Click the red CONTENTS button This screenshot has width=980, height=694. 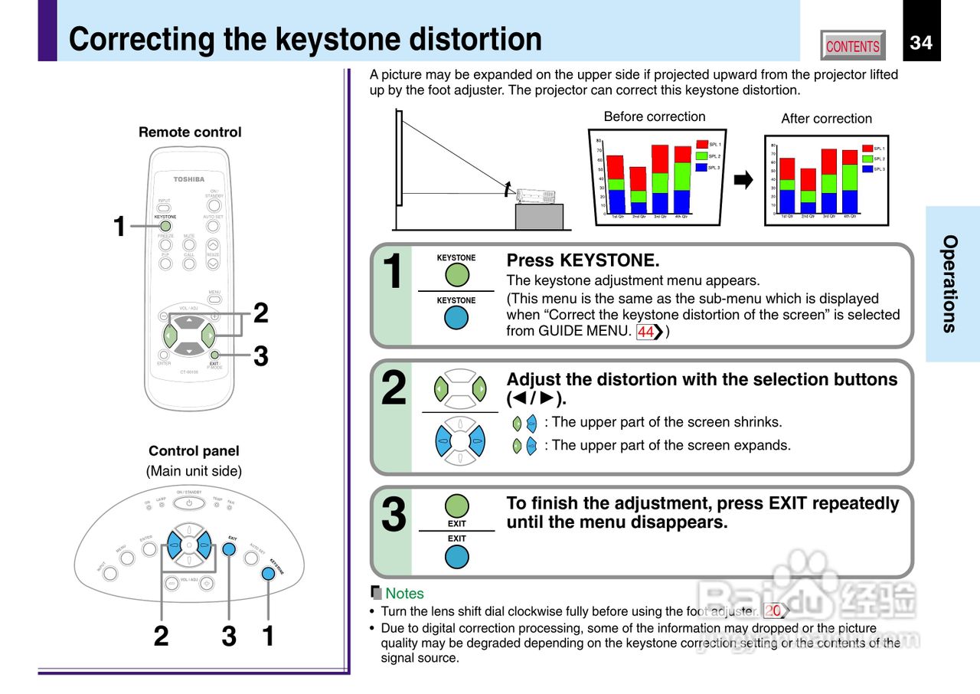pyautogui.click(x=852, y=46)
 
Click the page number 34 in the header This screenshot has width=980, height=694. pyautogui.click(x=921, y=42)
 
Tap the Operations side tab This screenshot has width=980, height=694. pyautogui.click(x=950, y=283)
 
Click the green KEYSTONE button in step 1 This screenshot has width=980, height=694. pyautogui.click(x=456, y=275)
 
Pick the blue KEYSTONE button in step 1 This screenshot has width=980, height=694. pyautogui.click(x=456, y=317)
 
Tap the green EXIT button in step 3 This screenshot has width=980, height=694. pyautogui.click(x=457, y=506)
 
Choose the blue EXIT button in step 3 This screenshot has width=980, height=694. pyautogui.click(x=457, y=556)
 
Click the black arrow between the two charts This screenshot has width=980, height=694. pyautogui.click(x=743, y=181)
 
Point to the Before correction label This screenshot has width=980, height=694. pyautogui.click(x=655, y=116)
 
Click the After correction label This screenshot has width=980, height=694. pyautogui.click(x=826, y=119)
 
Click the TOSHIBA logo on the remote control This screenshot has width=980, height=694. pyautogui.click(x=188, y=179)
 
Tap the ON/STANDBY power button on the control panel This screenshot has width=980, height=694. pyautogui.click(x=189, y=502)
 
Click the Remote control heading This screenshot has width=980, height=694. pyautogui.click(x=190, y=132)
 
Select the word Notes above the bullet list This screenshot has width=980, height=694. pyautogui.click(x=404, y=593)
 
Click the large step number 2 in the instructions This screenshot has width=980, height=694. pyautogui.click(x=394, y=388)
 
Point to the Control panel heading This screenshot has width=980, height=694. pyautogui.click(x=194, y=451)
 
